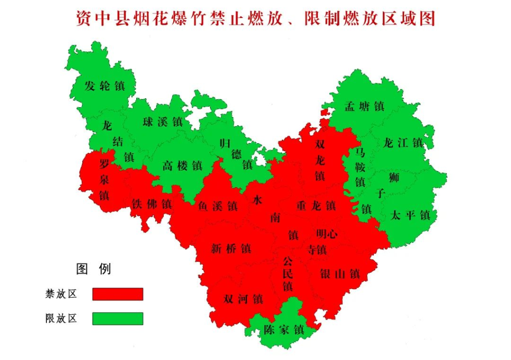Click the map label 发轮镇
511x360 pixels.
click(104, 86)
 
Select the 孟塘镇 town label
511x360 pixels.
click(364, 106)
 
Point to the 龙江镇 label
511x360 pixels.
click(403, 143)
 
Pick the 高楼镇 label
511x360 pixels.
click(182, 166)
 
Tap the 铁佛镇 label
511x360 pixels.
click(152, 204)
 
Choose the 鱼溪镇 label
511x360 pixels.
click(218, 205)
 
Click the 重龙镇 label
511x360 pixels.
click(316, 205)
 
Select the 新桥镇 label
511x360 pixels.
click(231, 248)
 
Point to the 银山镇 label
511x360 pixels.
click(340, 274)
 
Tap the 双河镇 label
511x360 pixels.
click(243, 299)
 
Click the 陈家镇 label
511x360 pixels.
click(284, 330)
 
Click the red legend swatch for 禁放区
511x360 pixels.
click(118, 294)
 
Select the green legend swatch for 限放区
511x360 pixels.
click(118, 319)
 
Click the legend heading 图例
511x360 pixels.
click(93, 269)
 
